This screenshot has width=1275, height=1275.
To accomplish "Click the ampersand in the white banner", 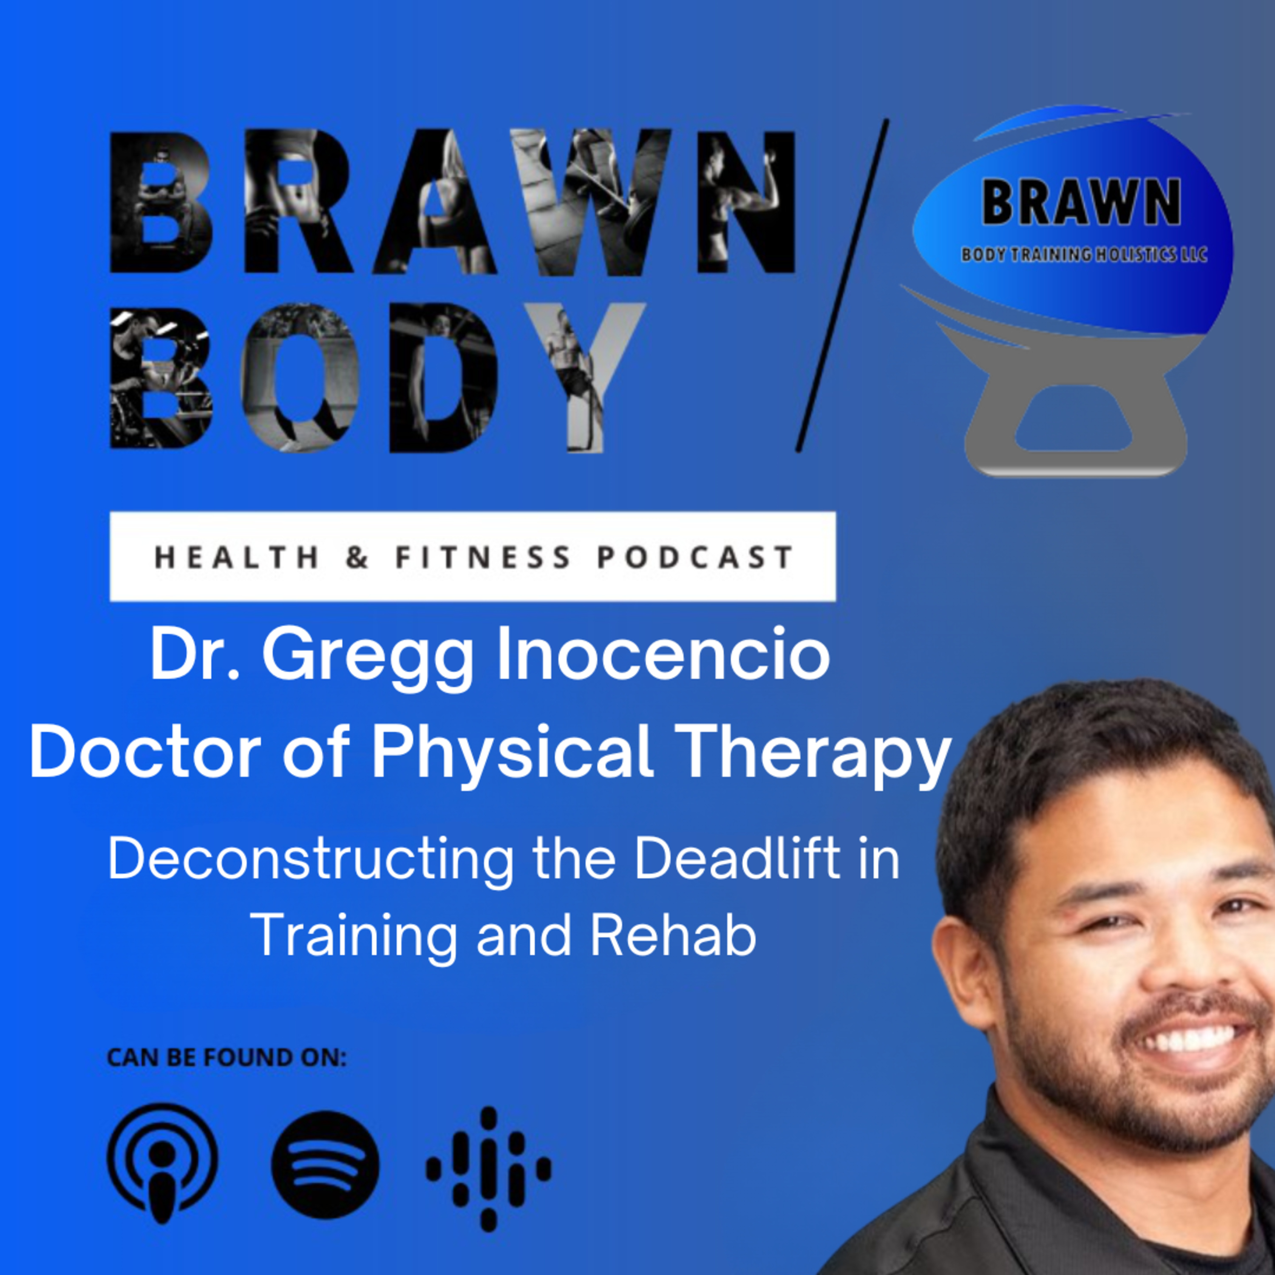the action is pyautogui.click(x=357, y=558).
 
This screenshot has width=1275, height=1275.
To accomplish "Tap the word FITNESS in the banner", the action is pyautogui.click(x=483, y=558).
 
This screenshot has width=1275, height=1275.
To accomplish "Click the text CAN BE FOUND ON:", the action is pyautogui.click(x=227, y=1057).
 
